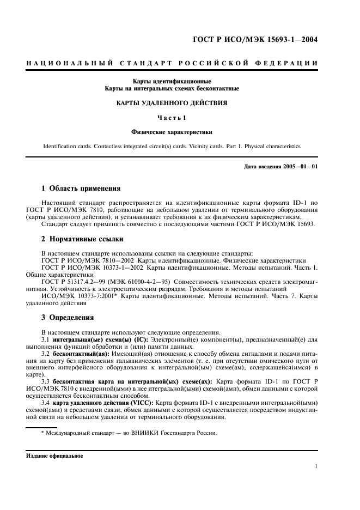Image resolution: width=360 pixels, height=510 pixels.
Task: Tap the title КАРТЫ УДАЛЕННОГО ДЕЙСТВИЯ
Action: pos(173,102)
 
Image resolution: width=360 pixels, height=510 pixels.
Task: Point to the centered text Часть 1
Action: pos(172,117)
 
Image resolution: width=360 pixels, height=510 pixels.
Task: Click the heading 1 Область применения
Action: pos(81,189)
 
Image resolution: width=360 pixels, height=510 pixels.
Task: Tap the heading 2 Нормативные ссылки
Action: pos(82,239)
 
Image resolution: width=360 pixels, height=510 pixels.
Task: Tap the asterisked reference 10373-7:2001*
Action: pos(97,296)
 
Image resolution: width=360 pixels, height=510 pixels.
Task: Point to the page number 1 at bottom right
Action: pos(316,466)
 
